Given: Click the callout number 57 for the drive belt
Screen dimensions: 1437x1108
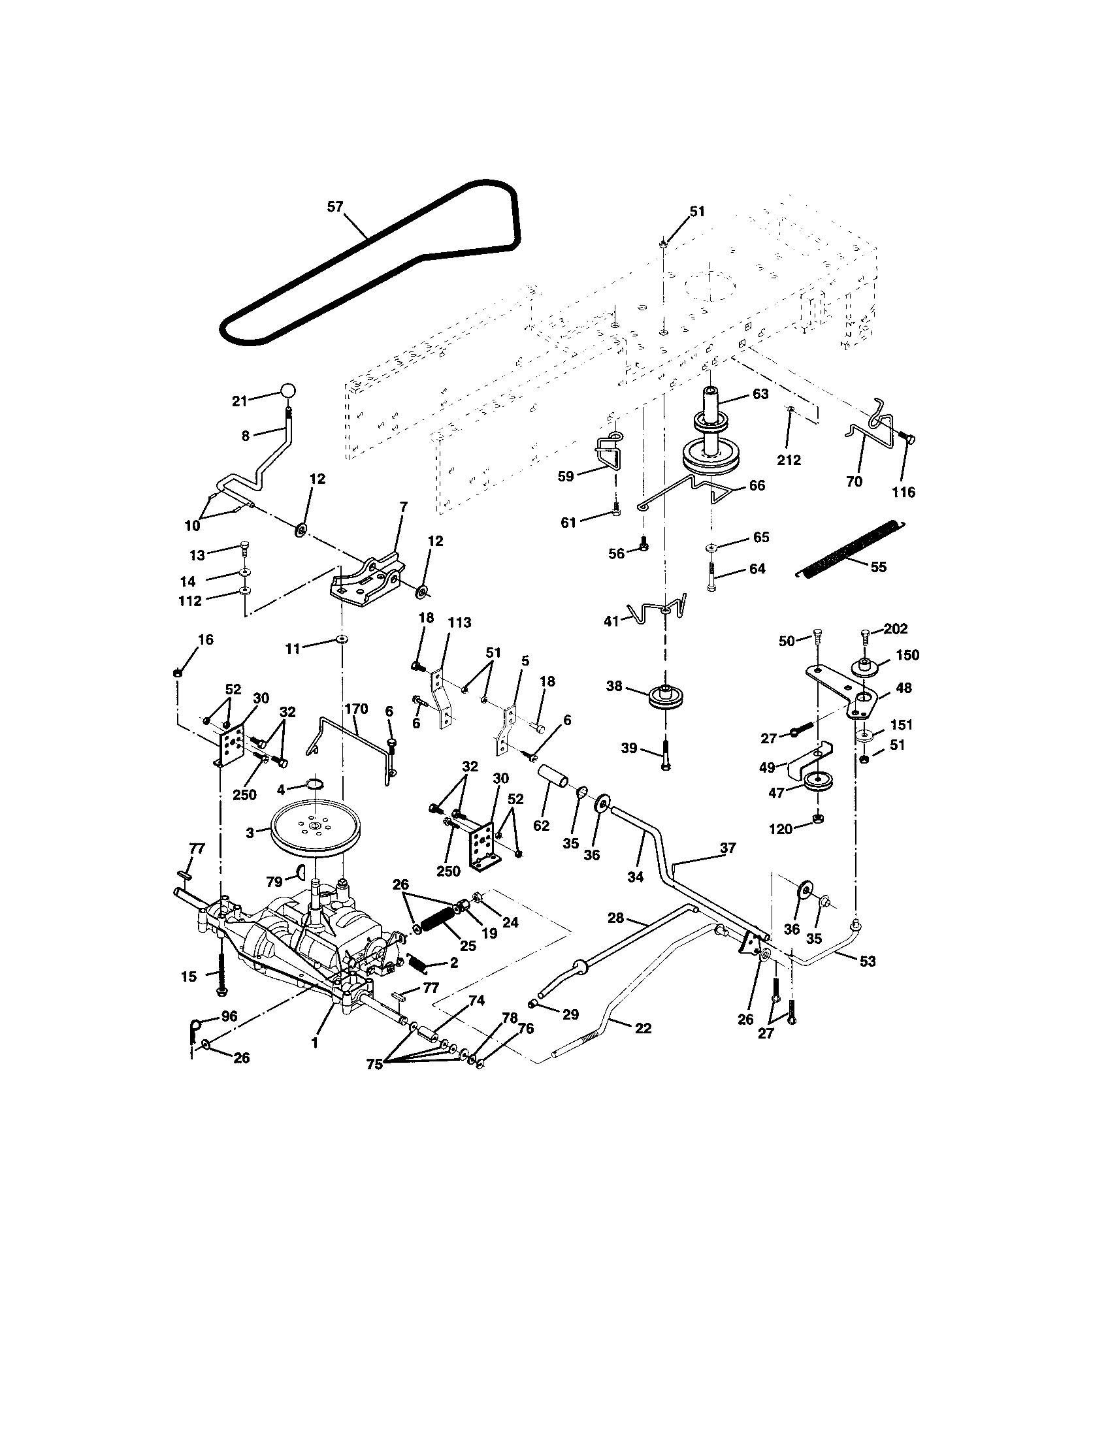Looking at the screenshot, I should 335,206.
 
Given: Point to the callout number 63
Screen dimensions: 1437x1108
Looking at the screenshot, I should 760,394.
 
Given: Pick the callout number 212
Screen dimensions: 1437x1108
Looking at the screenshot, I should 789,460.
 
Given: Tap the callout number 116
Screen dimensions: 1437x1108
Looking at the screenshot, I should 904,492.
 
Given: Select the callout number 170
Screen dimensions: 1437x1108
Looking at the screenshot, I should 355,709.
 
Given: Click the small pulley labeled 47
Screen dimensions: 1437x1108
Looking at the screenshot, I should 816,783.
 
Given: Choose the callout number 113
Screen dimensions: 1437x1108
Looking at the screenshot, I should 459,622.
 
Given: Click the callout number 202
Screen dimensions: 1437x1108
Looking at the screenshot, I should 895,628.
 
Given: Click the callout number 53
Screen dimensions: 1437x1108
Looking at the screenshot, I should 867,961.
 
